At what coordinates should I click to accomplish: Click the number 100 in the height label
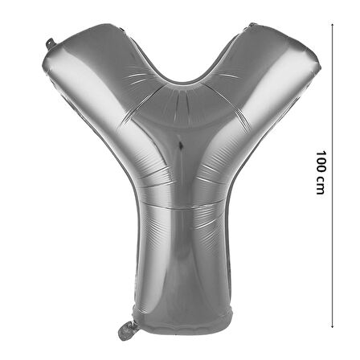click(x=321, y=162)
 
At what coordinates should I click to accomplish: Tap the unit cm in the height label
click(x=321, y=186)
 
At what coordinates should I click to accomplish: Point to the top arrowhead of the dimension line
click(x=332, y=24)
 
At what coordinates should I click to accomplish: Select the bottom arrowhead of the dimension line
click(x=332, y=326)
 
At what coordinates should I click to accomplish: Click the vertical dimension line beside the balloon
click(x=332, y=175)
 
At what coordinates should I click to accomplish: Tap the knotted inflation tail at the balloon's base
click(x=127, y=331)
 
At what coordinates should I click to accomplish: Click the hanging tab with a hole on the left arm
click(x=51, y=44)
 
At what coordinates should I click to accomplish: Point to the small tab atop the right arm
click(x=253, y=25)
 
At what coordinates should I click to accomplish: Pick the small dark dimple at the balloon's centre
click(x=181, y=145)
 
